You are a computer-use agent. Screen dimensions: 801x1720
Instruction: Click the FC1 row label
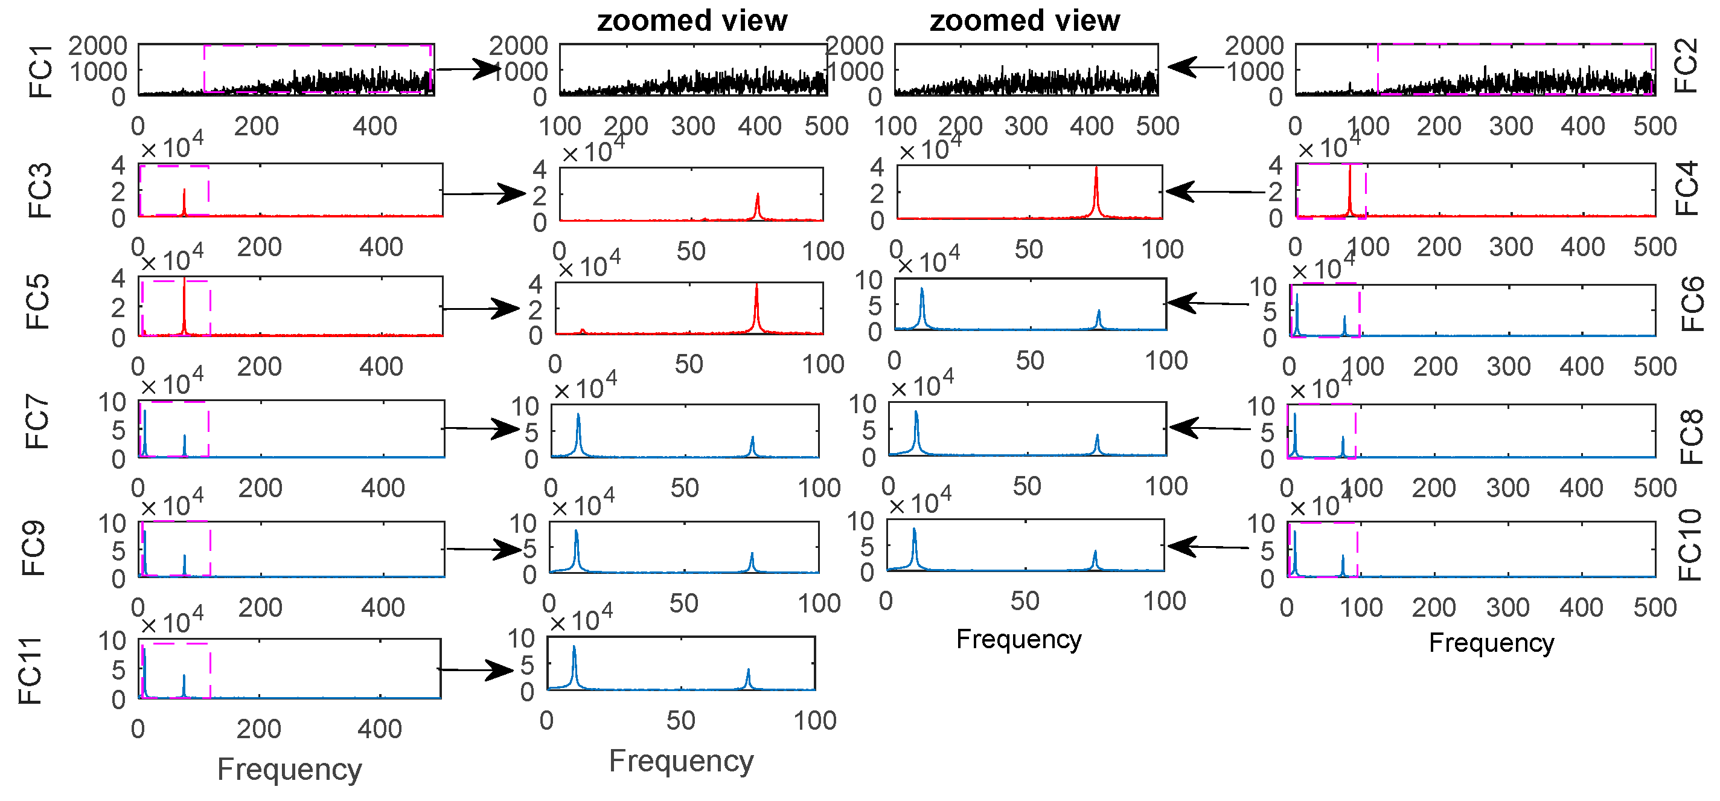click(x=40, y=71)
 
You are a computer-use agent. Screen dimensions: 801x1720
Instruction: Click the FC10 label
click(x=1690, y=544)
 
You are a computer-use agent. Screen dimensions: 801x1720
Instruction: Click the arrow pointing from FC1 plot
click(x=467, y=69)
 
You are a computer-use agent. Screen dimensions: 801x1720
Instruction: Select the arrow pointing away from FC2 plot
click(x=1195, y=67)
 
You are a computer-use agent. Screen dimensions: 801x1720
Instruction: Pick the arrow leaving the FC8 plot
click(x=1209, y=428)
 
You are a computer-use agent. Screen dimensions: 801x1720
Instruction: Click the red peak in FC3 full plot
click(x=184, y=201)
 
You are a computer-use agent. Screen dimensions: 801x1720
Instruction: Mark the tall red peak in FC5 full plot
click(x=184, y=304)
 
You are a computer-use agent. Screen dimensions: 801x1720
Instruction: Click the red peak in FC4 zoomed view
click(x=1096, y=190)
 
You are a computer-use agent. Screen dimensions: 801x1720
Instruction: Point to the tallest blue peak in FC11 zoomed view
click(x=574, y=661)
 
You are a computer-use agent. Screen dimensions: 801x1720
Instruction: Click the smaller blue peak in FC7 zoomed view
click(x=752, y=446)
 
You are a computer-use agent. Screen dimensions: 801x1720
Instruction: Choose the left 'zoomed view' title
click(x=692, y=21)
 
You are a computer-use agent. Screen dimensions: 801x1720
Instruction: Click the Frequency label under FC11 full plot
click(x=289, y=769)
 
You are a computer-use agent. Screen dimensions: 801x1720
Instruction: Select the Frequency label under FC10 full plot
click(x=1491, y=643)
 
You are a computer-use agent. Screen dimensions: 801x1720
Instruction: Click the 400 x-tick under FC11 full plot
click(x=379, y=729)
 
